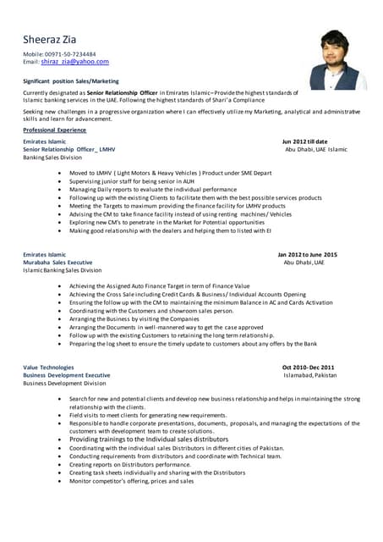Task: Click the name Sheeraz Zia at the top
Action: (x=55, y=39)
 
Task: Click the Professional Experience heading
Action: (x=54, y=130)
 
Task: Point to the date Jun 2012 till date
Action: (x=304, y=141)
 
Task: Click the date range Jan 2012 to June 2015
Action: (x=307, y=254)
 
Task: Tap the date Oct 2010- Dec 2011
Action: (x=309, y=367)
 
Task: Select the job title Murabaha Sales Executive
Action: (x=57, y=262)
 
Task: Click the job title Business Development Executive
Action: (x=66, y=375)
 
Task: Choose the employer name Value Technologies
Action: (x=48, y=367)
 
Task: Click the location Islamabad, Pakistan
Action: (x=309, y=375)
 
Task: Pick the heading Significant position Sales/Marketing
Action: (x=71, y=81)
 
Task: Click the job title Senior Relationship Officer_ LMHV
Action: (x=68, y=149)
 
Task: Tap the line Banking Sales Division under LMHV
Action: (x=52, y=158)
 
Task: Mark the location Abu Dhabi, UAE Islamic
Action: (x=315, y=149)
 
